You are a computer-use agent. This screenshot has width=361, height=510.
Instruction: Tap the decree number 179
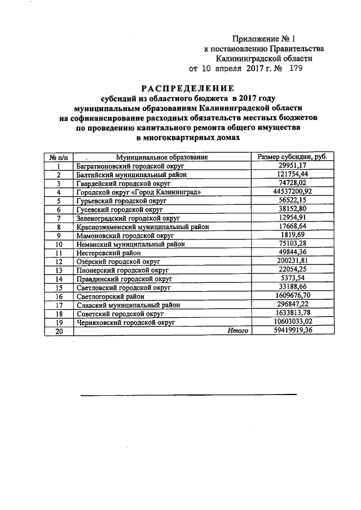[296, 68]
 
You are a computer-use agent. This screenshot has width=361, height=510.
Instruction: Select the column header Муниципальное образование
[162, 157]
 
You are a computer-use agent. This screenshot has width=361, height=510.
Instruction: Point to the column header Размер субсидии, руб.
[292, 157]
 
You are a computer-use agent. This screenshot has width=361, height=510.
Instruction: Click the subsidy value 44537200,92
[292, 192]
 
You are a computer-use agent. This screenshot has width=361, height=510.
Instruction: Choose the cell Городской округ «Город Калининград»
[138, 192]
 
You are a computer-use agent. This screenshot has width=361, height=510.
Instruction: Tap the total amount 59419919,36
[292, 331]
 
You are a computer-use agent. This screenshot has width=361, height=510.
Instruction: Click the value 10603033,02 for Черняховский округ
[292, 322]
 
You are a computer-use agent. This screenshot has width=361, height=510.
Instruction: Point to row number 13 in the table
[59, 270]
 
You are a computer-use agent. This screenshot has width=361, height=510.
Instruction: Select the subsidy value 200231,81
[292, 261]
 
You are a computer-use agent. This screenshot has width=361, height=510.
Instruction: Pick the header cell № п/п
[59, 157]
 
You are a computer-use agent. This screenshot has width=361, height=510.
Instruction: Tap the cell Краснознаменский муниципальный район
[142, 227]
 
